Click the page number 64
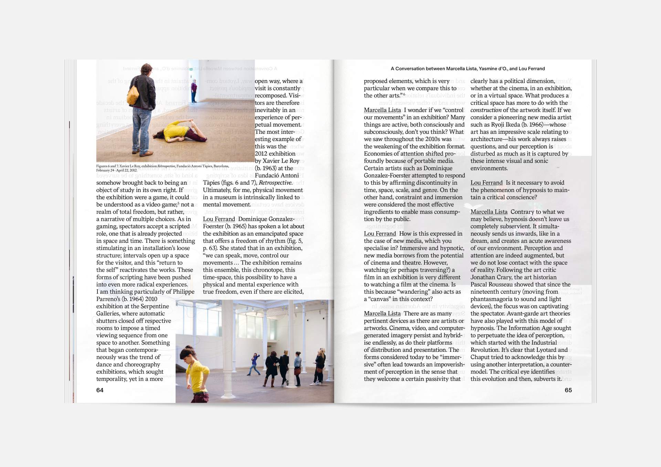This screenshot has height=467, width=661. (100, 390)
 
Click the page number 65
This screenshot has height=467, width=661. (568, 390)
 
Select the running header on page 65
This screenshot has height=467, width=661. (468, 69)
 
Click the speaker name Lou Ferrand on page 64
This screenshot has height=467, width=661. (219, 219)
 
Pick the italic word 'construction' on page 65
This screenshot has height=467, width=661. (486, 110)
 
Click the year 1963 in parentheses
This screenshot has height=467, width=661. (270, 168)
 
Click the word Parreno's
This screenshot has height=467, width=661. (108, 299)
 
